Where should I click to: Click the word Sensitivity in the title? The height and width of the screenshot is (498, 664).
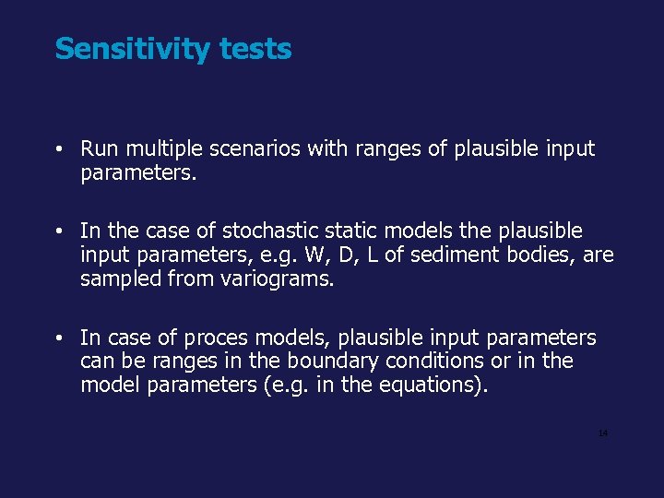pyautogui.click(x=133, y=49)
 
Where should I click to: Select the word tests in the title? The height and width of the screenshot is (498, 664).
pyautogui.click(x=255, y=49)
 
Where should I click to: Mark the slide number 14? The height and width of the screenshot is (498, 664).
pyautogui.click(x=603, y=433)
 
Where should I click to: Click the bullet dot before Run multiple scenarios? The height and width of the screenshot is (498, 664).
pyautogui.click(x=58, y=149)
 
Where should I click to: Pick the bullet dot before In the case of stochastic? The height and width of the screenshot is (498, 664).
pyautogui.click(x=58, y=231)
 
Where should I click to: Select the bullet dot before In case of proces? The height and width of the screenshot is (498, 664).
pyautogui.click(x=58, y=338)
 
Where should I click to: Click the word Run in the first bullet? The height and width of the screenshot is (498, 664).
pyautogui.click(x=98, y=149)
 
